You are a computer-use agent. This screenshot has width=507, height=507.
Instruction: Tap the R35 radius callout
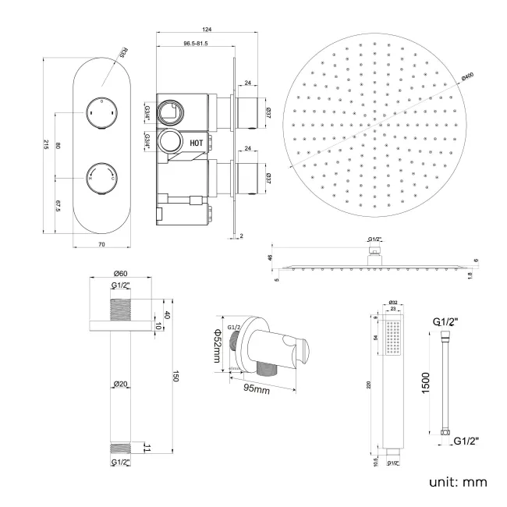[123, 55]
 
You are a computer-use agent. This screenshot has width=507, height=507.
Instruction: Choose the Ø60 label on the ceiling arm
[121, 273]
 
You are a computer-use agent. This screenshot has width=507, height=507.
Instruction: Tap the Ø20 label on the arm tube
[120, 384]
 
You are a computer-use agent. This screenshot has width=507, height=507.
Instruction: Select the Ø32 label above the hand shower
[393, 302]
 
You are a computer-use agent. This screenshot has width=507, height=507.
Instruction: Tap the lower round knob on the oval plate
[101, 173]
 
